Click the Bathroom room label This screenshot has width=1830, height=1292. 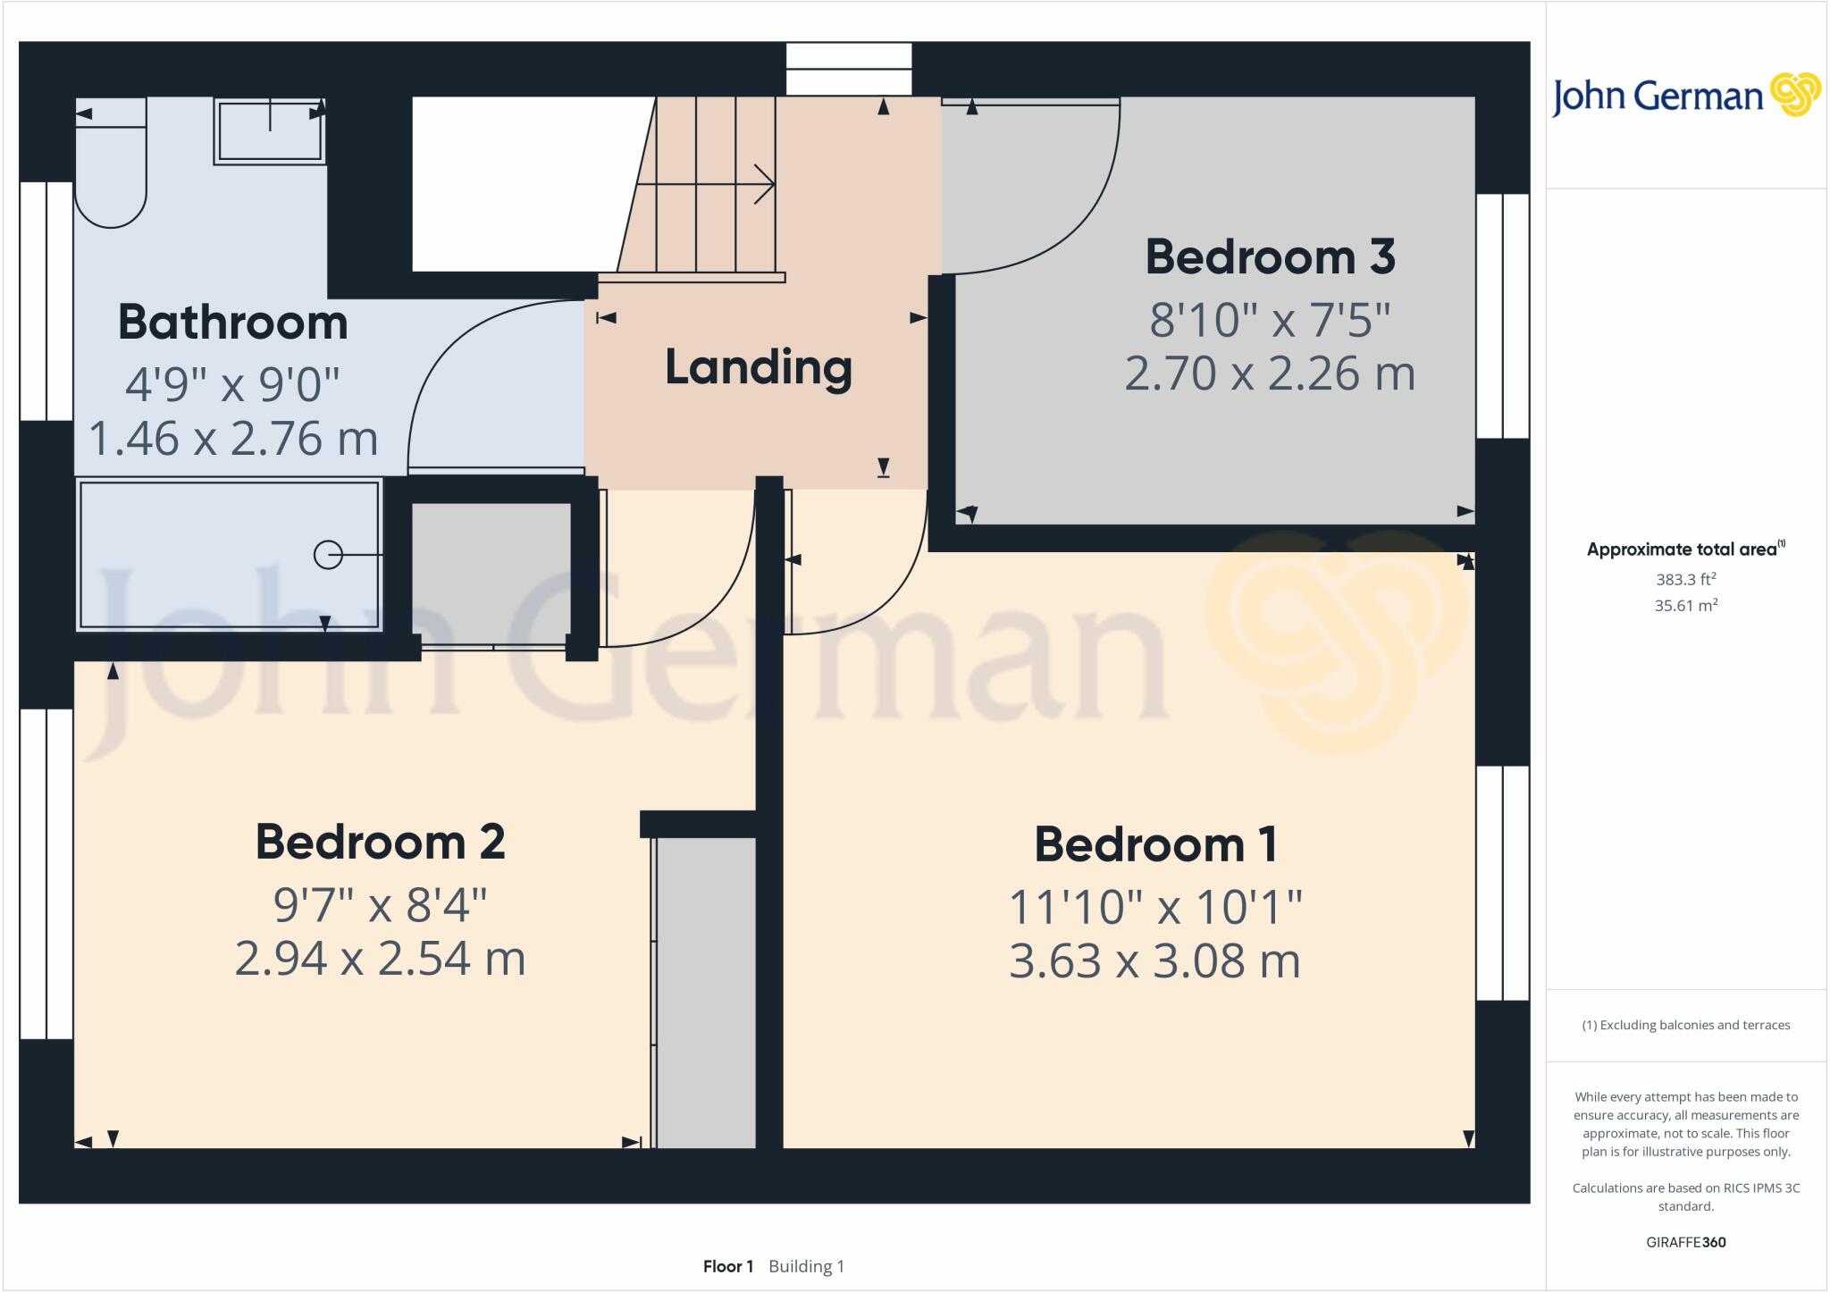point(232,323)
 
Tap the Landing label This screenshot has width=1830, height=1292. point(758,368)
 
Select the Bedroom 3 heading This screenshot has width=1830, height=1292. point(1270,257)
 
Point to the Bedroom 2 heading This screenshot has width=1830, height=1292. point(380,842)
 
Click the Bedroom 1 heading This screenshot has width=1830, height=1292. point(1155,844)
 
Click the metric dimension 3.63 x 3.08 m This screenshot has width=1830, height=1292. point(1154,961)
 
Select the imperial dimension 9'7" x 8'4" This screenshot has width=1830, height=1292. point(380,905)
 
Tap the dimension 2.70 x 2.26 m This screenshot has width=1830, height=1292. point(1270,373)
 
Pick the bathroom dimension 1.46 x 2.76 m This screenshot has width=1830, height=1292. point(232,439)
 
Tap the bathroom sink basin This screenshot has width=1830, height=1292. point(269,131)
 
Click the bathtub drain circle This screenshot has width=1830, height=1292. point(328,555)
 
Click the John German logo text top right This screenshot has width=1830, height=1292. point(1657,96)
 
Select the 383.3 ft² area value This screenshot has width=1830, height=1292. point(1685,579)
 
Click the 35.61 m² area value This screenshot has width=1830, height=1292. point(1685,605)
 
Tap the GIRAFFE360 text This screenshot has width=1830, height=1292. point(1685,1242)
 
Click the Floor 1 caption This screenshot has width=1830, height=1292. point(727,1266)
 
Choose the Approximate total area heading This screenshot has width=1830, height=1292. point(1684,550)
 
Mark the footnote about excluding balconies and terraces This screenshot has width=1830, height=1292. point(1685,1025)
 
